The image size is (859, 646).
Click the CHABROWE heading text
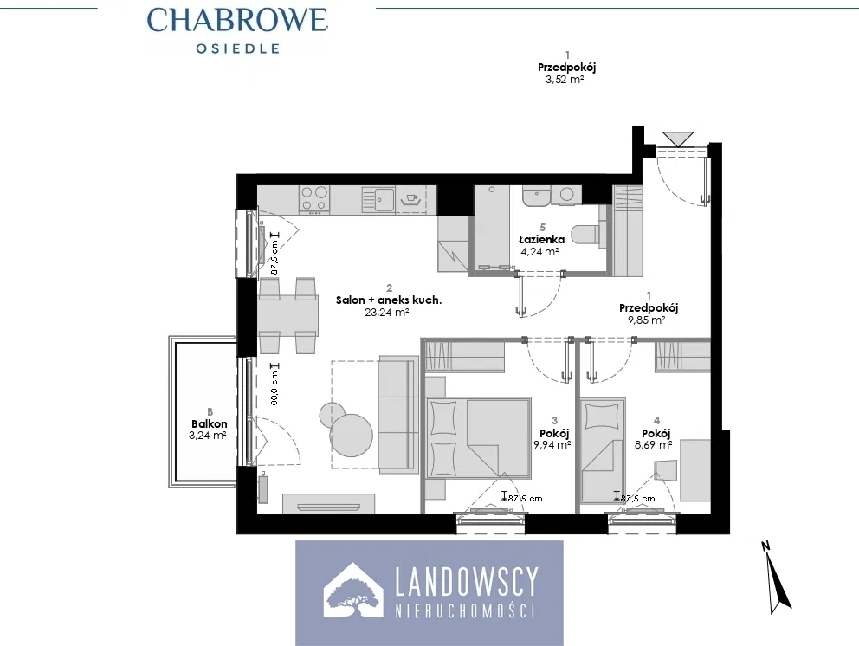237,20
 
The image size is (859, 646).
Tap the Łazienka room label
542,240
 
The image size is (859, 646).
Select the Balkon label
210,423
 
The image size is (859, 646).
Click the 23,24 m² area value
387,313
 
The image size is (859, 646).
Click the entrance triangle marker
678,138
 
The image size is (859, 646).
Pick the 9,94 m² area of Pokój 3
552,445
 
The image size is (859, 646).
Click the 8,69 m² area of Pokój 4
654,445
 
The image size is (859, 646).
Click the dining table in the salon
287,315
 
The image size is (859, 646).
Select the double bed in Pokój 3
478,438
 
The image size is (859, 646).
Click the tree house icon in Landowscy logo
353,592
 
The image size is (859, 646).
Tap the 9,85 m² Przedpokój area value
647,320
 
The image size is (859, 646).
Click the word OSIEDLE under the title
238,48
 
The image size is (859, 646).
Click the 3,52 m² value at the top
565,80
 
